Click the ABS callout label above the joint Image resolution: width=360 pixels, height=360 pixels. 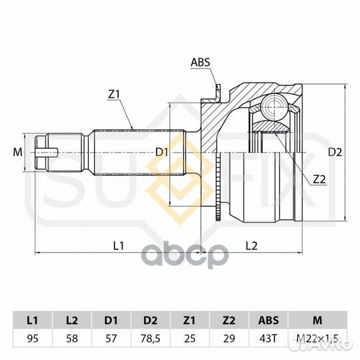[201, 62]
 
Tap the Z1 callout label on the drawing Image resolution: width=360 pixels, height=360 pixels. [114, 95]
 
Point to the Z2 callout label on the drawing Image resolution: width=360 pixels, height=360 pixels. [319, 180]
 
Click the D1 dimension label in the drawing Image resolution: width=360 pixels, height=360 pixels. [162, 152]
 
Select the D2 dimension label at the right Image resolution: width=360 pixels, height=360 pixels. [335, 152]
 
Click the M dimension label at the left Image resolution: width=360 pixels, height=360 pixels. [17, 152]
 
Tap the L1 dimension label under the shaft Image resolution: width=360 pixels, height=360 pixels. [119, 246]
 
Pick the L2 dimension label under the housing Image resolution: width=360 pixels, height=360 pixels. [251, 246]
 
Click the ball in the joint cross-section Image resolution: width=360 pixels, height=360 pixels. [275, 106]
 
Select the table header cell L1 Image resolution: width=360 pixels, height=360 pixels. [33, 320]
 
